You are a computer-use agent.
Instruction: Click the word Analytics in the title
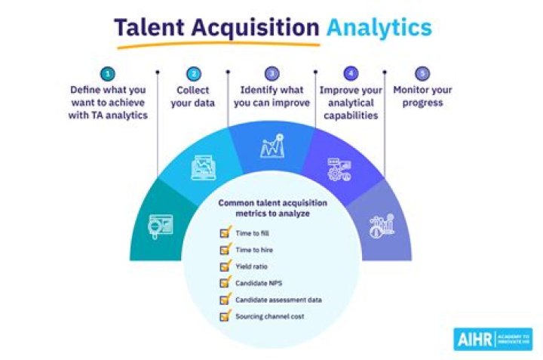[379, 28]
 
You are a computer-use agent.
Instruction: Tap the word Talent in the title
[149, 27]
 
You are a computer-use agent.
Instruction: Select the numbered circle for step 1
[108, 73]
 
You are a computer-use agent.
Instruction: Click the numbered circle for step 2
[194, 73]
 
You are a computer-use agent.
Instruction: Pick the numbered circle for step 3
[271, 73]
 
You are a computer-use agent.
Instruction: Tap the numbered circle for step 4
[351, 73]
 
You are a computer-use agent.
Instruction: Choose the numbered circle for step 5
[422, 73]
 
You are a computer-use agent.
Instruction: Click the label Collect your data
[193, 97]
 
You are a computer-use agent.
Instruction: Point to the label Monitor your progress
[422, 96]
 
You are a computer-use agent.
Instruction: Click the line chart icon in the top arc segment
[272, 146]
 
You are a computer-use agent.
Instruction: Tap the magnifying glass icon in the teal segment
[161, 226]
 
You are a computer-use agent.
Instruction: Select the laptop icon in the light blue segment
[204, 168]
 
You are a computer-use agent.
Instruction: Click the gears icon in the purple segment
[339, 169]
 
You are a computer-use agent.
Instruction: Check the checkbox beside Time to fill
[225, 232]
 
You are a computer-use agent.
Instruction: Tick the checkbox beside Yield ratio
[225, 266]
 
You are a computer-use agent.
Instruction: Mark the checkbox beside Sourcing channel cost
[225, 315]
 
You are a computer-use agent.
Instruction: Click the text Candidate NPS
[259, 283]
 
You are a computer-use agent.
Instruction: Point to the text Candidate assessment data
[278, 300]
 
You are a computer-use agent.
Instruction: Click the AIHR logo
[493, 339]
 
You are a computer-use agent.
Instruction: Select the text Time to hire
[254, 250]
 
